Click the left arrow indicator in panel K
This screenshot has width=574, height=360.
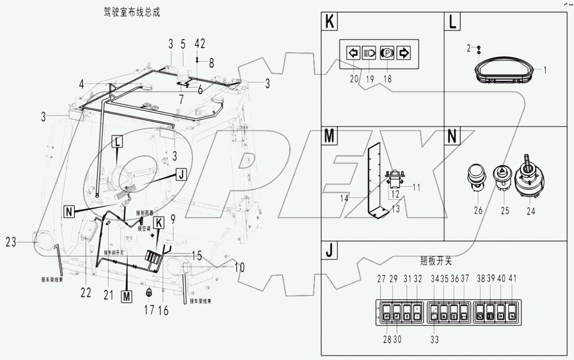[x=353, y=53]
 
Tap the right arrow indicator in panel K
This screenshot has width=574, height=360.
[x=403, y=53]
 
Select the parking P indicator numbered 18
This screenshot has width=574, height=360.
[x=386, y=53]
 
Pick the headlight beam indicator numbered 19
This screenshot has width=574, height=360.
[x=369, y=53]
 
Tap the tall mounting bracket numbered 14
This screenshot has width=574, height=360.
[x=376, y=183]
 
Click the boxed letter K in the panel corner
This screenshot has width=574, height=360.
[x=330, y=22]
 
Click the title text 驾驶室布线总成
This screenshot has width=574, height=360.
[x=131, y=13]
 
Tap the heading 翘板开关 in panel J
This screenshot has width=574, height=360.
[x=433, y=261]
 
